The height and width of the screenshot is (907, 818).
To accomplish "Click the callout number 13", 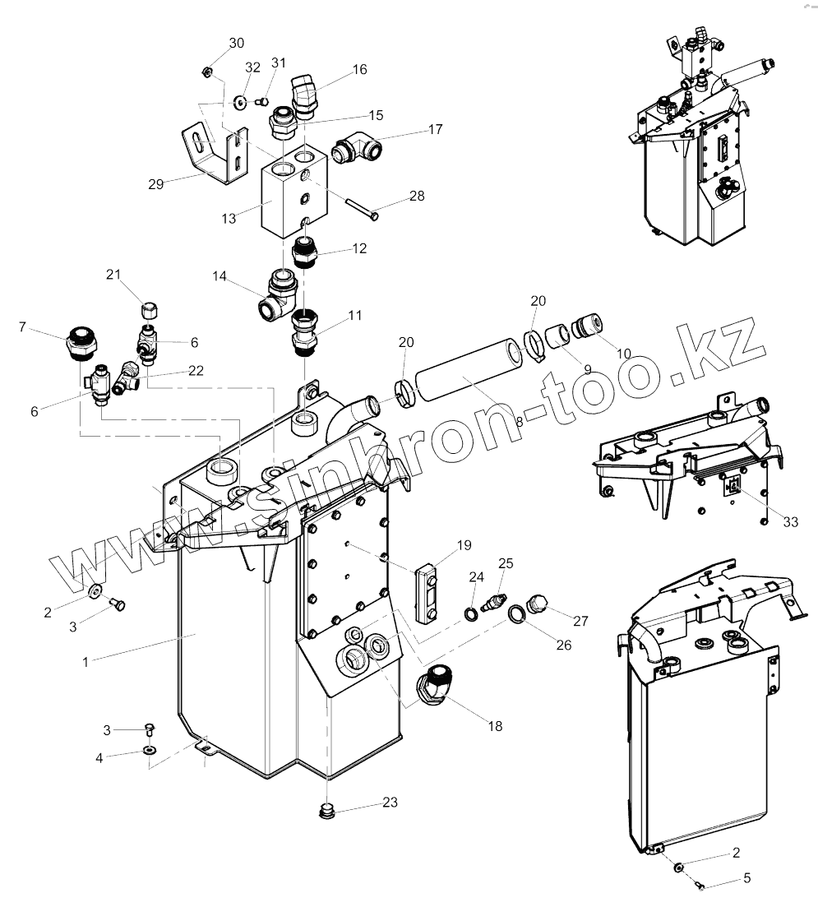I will (229, 218).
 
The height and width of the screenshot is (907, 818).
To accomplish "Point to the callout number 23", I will (390, 802).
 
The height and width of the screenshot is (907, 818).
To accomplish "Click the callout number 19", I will (464, 544).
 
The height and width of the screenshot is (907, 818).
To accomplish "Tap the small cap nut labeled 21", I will (150, 310).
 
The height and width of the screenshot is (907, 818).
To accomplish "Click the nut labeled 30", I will (208, 73).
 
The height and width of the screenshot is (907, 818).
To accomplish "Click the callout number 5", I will (746, 878).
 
